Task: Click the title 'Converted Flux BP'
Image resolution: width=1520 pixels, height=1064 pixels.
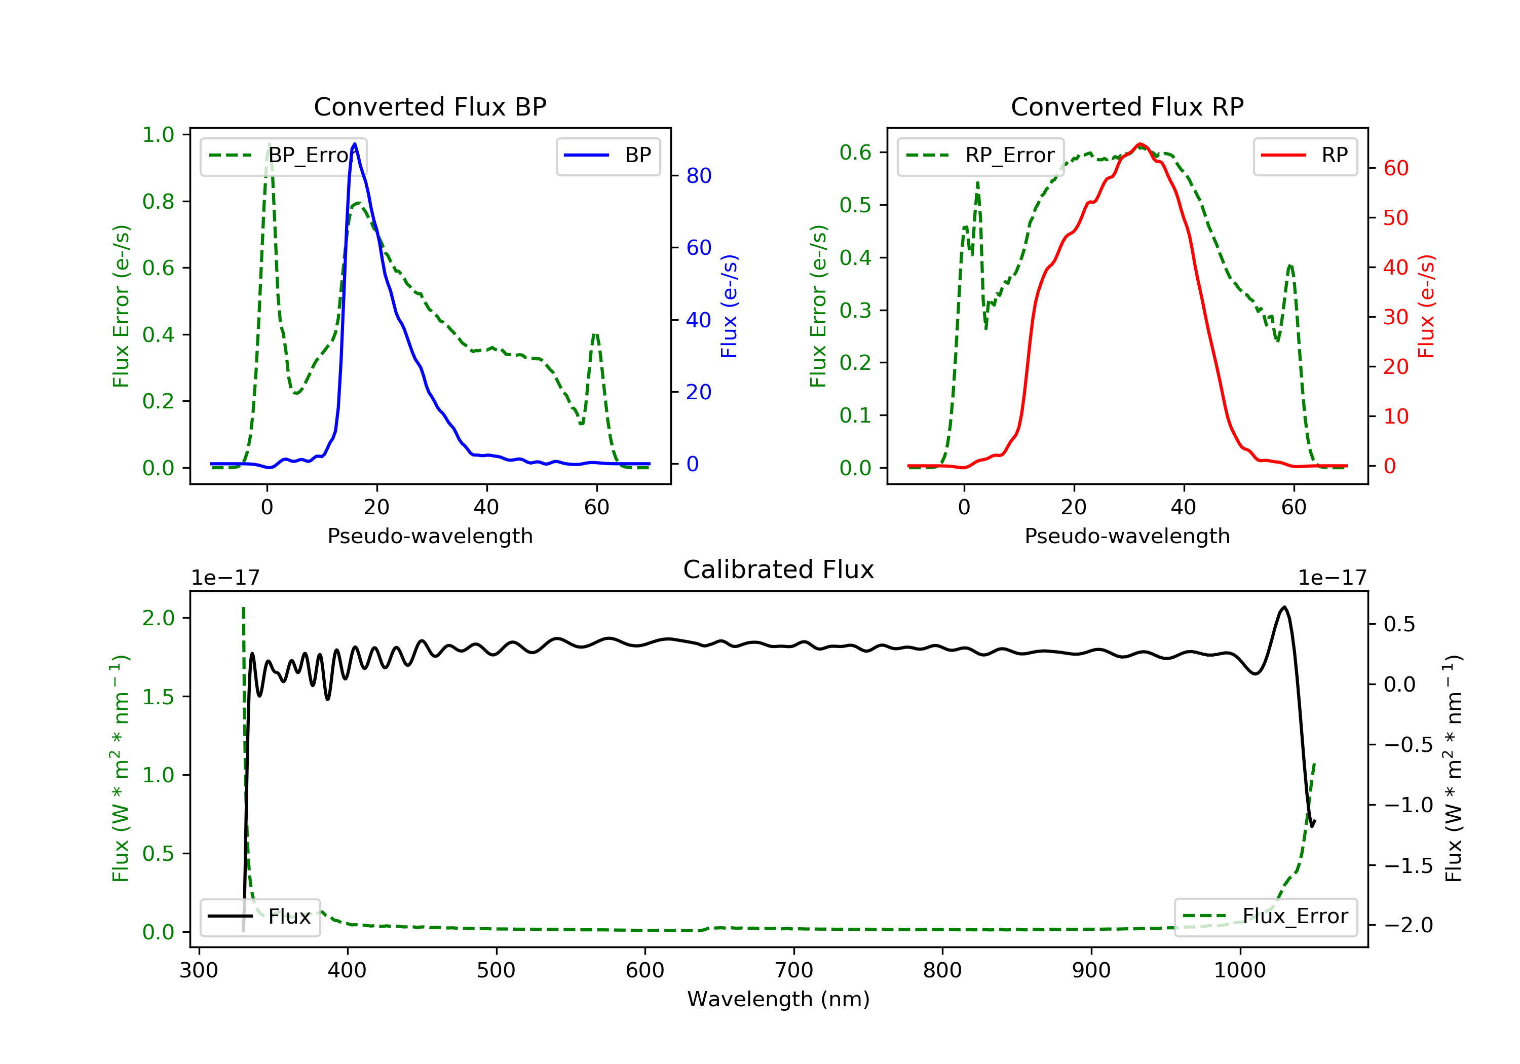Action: point(430,106)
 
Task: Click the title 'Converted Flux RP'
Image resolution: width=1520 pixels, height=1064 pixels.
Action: point(1127,106)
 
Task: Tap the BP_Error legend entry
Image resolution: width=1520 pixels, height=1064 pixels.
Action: point(283,156)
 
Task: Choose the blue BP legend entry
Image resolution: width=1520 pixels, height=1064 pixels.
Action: point(607,156)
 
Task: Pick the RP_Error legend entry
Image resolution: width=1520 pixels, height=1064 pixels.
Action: point(980,156)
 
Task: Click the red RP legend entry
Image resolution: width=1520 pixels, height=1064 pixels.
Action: point(1304,156)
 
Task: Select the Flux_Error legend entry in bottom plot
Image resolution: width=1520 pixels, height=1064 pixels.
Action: point(1265,917)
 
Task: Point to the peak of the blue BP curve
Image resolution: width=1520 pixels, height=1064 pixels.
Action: point(355,144)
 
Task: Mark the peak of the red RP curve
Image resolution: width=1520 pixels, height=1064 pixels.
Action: point(1139,144)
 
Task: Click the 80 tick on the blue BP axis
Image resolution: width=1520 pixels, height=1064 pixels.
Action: point(698,176)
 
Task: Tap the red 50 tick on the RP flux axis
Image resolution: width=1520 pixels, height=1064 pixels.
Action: point(1395,218)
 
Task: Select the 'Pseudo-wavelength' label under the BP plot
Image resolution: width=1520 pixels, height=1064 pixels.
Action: point(430,536)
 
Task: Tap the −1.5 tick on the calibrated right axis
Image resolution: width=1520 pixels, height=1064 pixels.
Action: point(1408,866)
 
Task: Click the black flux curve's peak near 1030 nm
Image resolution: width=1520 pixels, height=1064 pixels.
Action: point(1284,606)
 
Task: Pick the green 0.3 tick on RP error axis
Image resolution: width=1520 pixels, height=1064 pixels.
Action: point(855,310)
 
